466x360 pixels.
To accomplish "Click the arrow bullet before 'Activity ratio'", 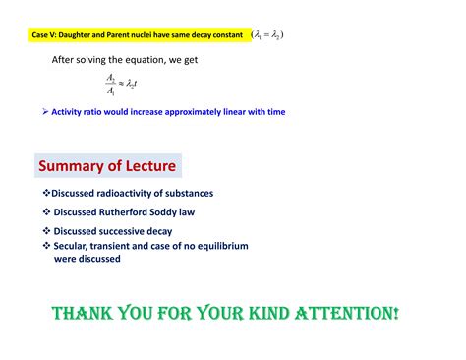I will (45, 112).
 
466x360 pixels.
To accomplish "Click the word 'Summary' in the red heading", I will (72, 165).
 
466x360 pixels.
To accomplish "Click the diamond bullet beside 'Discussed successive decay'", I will (45, 231).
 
